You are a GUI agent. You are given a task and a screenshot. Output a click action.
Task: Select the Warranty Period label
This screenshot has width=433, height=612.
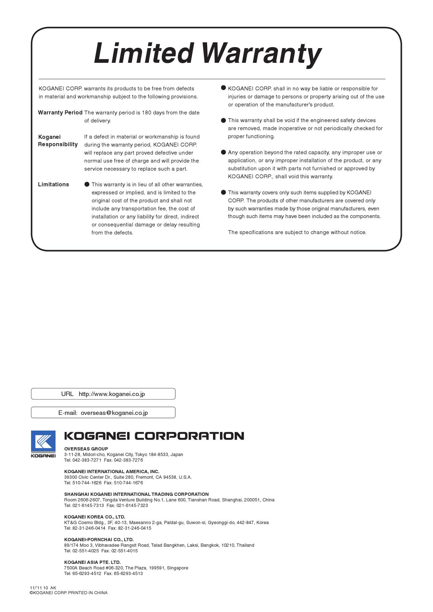pos(60,113)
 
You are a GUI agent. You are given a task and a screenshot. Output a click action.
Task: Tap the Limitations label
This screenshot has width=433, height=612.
pos(53,185)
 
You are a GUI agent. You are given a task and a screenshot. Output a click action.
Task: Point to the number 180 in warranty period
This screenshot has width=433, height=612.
pos(147,113)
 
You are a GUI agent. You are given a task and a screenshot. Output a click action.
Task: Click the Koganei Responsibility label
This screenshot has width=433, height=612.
pos(58,141)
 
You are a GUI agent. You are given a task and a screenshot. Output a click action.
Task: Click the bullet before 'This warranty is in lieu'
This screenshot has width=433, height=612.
pos(87,185)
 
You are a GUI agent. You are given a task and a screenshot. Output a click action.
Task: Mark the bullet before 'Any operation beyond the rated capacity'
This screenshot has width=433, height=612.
pos(223,152)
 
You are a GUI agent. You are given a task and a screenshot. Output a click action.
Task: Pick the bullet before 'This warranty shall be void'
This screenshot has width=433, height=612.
pos(223,120)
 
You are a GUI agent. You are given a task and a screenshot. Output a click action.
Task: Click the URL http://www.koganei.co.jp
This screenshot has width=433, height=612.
pos(112,394)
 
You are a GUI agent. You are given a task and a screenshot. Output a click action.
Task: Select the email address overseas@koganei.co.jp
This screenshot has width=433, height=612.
pos(114,413)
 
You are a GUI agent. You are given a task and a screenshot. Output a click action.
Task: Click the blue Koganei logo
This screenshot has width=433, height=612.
pos(43,442)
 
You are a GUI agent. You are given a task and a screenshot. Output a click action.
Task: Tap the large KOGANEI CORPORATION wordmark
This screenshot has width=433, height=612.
pos(154,436)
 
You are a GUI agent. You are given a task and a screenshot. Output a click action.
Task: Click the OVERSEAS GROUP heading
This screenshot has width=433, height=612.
pos(86,449)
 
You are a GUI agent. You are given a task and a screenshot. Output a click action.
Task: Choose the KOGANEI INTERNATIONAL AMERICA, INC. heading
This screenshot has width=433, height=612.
pos(112,471)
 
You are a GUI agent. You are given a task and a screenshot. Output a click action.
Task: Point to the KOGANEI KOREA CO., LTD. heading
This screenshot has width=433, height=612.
pos(95,517)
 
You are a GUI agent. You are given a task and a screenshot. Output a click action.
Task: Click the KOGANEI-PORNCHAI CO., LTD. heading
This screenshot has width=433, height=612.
pos(99,539)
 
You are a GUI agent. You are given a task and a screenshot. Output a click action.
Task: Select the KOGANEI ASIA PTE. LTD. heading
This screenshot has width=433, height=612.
pos(93,562)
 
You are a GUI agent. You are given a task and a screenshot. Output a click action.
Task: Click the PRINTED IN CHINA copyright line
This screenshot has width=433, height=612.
pos(68,593)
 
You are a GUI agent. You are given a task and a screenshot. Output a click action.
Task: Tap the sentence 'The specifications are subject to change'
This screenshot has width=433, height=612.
pos(297,232)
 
